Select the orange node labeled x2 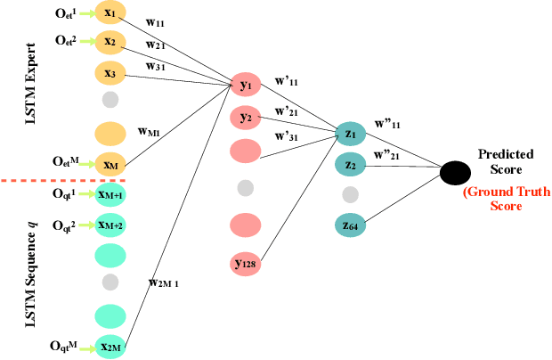110,42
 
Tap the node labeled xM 110,163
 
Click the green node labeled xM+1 110,194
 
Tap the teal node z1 351,134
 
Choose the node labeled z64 351,226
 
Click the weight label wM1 150,130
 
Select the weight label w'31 287,136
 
